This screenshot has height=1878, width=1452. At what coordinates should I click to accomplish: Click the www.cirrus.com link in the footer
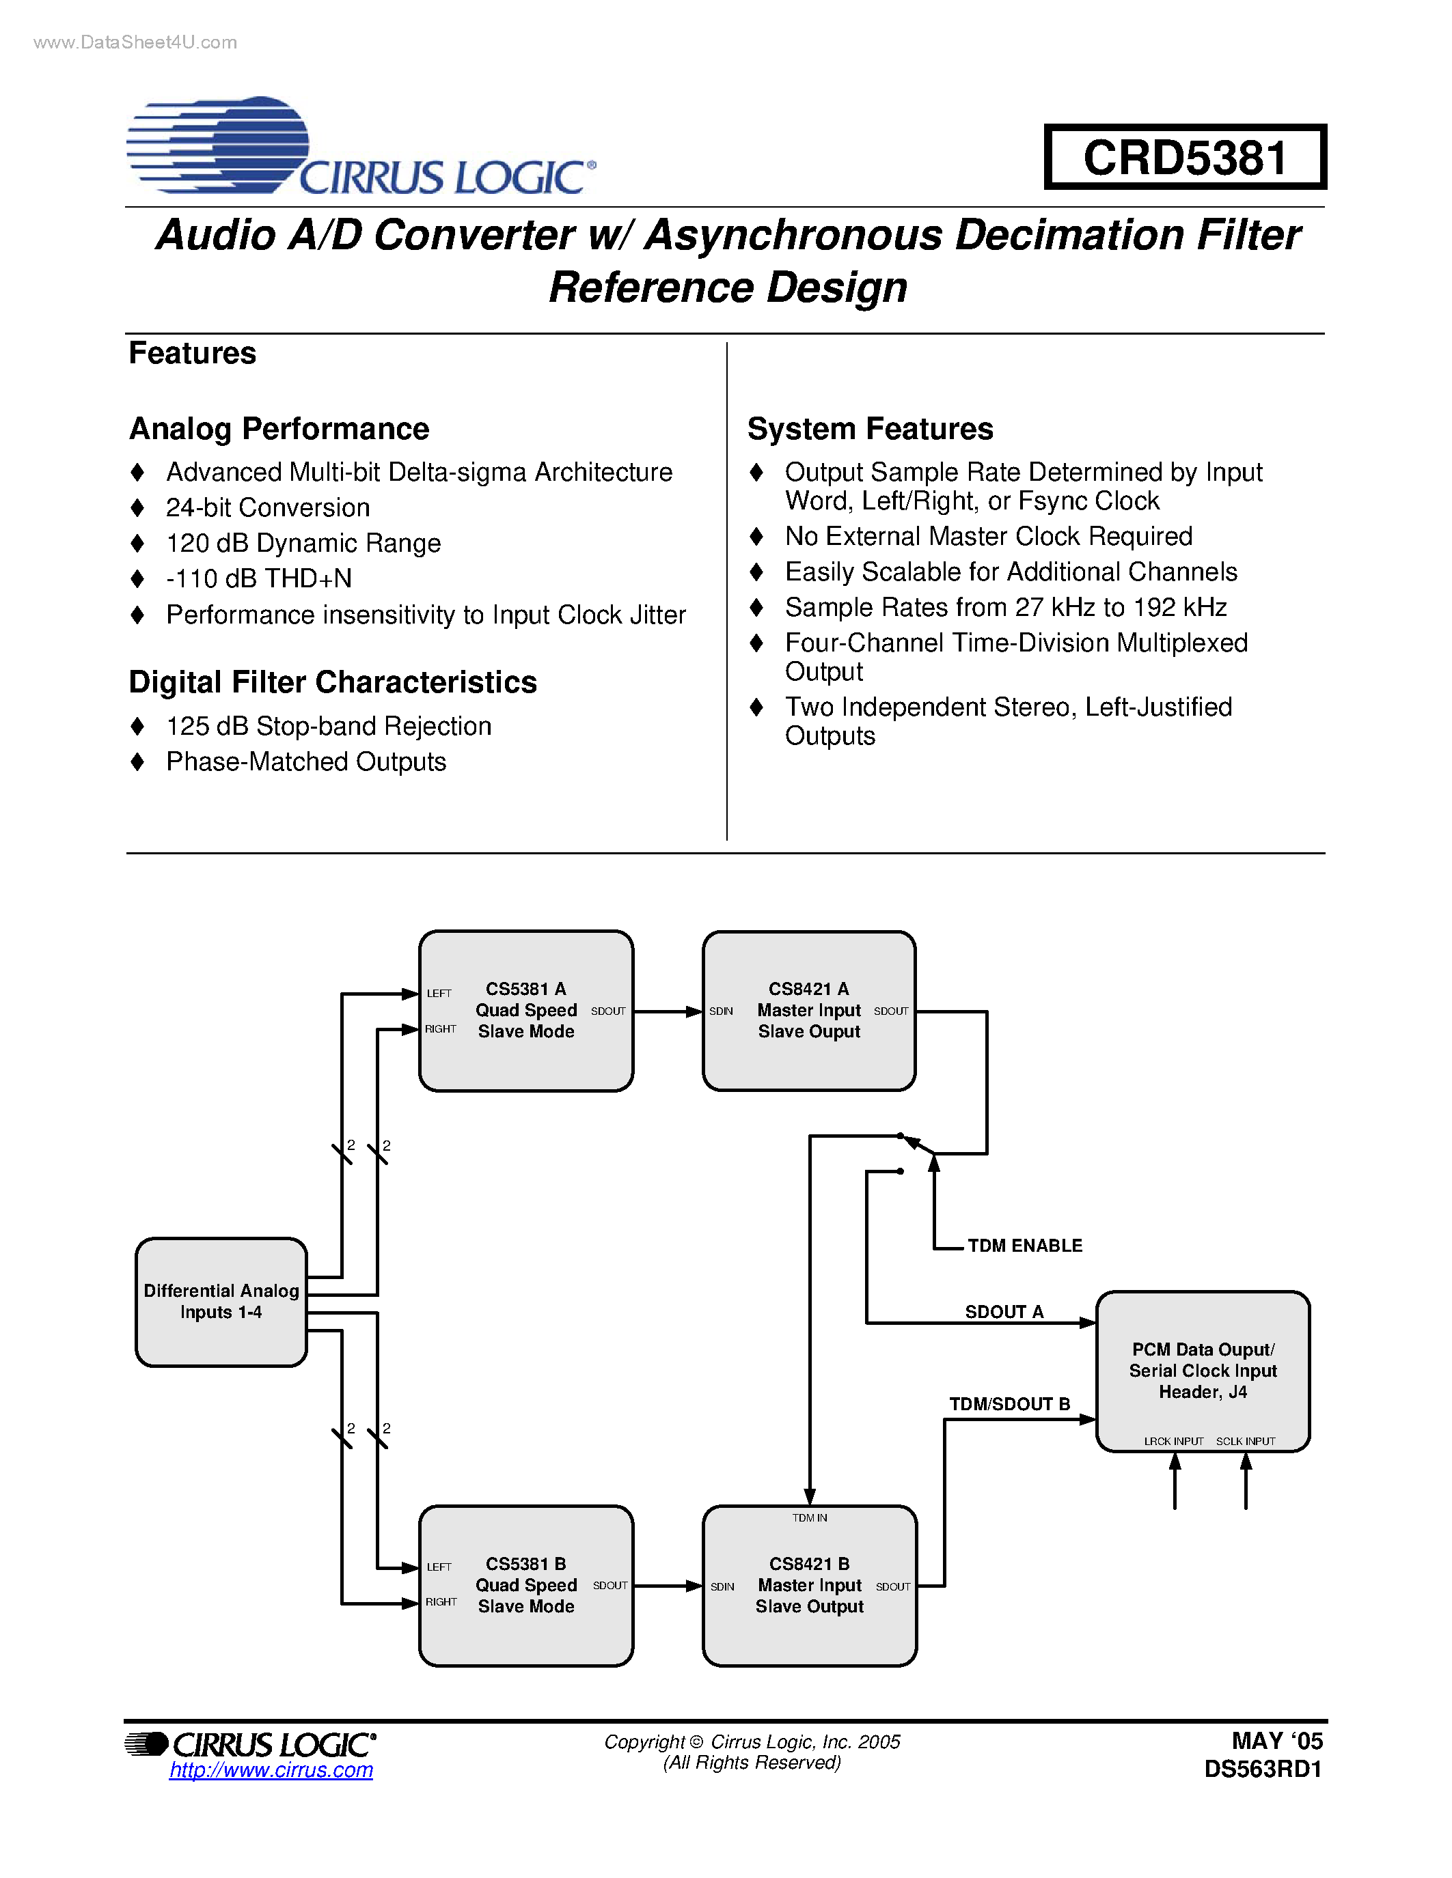point(271,1769)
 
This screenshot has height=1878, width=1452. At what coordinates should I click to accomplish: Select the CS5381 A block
point(525,1011)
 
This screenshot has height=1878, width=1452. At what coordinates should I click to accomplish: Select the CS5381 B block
point(525,1585)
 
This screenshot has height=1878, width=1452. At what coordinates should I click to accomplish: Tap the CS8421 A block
point(808,1011)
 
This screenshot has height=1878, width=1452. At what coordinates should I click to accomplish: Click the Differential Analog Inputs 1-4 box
point(221,1301)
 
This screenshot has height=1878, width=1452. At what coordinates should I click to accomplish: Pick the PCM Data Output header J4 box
point(1203,1371)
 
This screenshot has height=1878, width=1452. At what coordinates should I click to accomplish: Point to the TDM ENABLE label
point(1024,1245)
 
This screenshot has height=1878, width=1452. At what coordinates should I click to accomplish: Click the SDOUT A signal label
point(1004,1311)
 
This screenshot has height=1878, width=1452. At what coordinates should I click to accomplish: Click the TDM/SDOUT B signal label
point(1009,1403)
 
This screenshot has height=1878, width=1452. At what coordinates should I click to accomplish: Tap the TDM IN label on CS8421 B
point(810,1517)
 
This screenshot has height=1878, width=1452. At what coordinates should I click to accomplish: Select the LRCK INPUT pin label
point(1173,1441)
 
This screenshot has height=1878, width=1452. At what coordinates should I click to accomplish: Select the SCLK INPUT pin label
point(1245,1441)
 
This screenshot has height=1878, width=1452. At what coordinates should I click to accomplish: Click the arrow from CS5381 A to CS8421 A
point(668,1011)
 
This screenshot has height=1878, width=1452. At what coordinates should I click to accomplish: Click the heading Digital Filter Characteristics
point(333,682)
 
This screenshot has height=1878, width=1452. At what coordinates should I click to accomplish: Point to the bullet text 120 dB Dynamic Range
point(303,544)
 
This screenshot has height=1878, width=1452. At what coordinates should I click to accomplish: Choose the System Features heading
point(870,428)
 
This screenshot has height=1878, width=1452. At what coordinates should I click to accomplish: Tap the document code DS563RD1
point(1262,1769)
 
